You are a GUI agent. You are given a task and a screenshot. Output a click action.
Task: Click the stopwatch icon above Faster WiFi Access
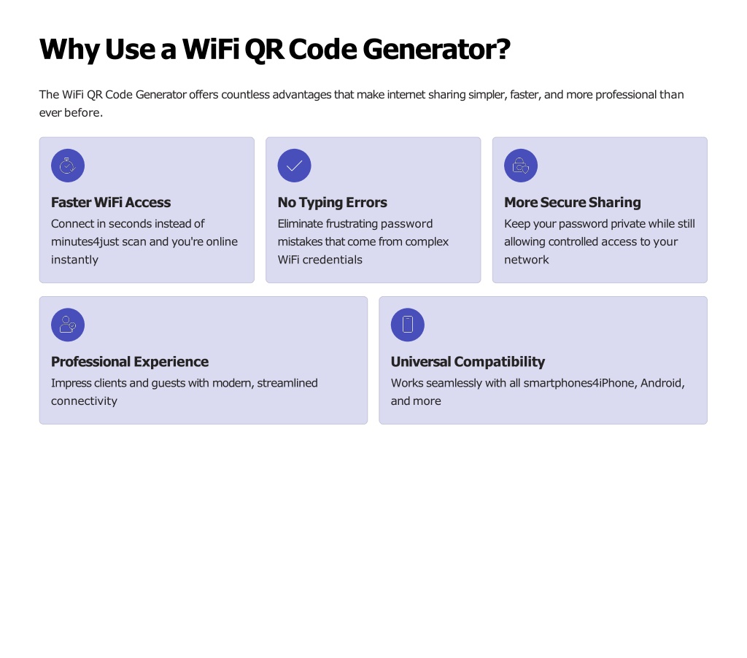(x=68, y=166)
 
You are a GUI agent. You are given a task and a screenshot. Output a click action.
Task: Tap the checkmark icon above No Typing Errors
(x=295, y=166)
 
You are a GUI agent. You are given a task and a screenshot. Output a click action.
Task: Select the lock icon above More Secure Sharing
(x=521, y=166)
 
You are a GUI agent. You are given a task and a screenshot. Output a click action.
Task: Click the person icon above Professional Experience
(x=68, y=325)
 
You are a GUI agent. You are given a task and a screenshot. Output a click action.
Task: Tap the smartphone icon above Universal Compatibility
(x=407, y=325)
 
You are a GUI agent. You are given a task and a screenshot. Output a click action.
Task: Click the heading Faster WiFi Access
(x=111, y=203)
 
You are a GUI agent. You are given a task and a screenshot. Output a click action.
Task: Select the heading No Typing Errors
(x=332, y=203)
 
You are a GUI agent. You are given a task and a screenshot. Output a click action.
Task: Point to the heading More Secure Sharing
(x=572, y=203)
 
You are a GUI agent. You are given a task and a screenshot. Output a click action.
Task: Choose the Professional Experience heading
(x=130, y=362)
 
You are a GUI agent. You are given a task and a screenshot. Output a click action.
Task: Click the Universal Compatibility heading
(x=468, y=362)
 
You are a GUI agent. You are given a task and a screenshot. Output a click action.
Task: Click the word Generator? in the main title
(x=436, y=49)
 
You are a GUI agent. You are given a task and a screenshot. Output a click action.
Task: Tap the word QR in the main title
(x=264, y=50)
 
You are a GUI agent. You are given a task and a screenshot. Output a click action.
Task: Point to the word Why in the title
(x=69, y=50)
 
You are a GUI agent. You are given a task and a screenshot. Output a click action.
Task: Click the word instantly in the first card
(x=74, y=260)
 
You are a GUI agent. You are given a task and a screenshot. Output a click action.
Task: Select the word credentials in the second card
(x=332, y=260)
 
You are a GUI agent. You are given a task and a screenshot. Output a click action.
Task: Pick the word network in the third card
(x=527, y=260)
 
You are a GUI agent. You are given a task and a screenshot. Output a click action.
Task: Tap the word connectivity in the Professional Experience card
(x=84, y=401)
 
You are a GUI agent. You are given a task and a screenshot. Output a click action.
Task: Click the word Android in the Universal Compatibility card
(x=662, y=384)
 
